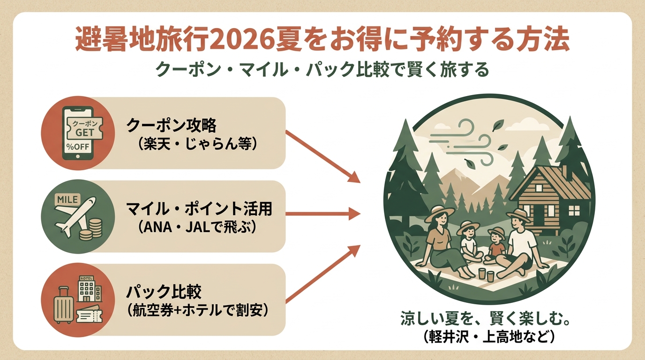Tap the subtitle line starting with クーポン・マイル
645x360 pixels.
click(322, 70)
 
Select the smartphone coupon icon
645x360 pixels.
click(78, 133)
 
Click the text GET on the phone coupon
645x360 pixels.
click(85, 132)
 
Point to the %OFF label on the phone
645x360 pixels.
click(78, 147)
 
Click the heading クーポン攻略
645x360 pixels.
click(172, 125)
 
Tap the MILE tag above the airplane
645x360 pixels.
click(67, 199)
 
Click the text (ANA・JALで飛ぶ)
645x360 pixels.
click(197, 228)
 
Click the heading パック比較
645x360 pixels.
click(164, 292)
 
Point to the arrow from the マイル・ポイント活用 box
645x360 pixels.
click(323, 214)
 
